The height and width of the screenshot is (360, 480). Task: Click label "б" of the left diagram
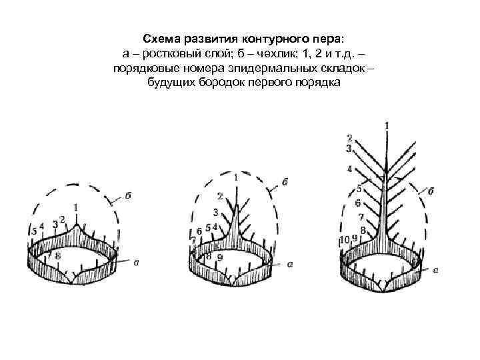coord(127,197)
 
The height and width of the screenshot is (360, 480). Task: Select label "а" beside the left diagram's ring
coord(136,263)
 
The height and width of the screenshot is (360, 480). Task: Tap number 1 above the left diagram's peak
coord(76,207)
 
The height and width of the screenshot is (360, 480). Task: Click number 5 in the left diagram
coord(35,231)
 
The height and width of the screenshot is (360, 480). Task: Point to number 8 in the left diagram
coord(58,255)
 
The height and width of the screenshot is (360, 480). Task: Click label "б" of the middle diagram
coord(285,181)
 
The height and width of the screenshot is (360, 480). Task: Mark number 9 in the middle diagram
coord(220,257)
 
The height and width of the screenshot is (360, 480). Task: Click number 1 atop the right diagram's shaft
coord(387,125)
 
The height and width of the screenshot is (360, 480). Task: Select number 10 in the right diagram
coord(345,239)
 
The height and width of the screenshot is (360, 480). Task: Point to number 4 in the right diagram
coord(349,169)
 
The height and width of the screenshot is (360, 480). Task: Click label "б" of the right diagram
coord(431,191)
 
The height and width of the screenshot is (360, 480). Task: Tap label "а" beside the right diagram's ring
coord(435,270)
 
